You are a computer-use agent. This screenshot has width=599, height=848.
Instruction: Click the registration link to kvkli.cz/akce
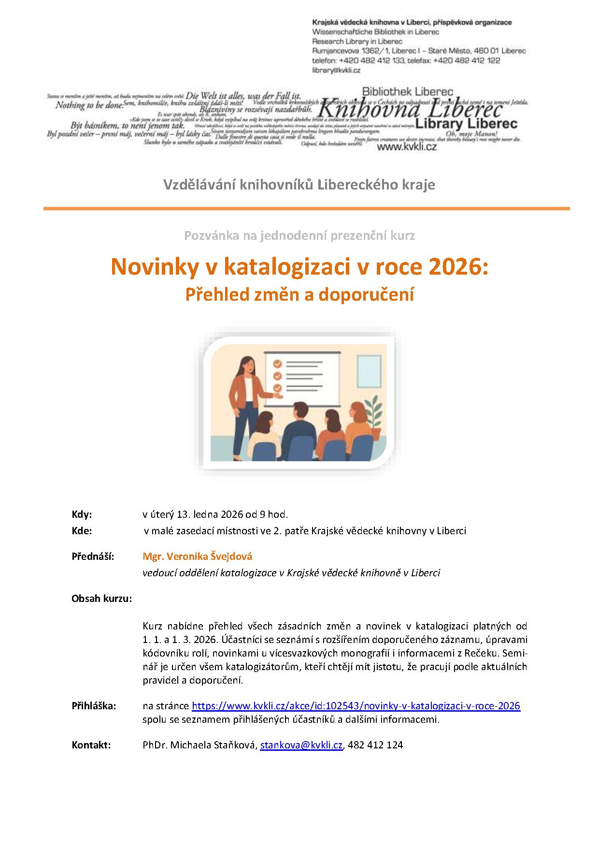point(356,706)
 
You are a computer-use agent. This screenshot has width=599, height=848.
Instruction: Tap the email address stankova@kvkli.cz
point(301,745)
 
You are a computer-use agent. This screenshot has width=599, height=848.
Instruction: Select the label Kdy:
point(82,514)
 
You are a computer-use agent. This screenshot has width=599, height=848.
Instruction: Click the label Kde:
point(82,530)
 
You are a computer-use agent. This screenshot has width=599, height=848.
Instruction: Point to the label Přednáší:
point(93,556)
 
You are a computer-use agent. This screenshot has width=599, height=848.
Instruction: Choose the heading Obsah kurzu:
point(101,599)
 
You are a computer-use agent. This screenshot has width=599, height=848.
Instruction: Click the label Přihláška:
point(94,706)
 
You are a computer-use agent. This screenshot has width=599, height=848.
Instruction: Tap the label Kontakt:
point(91,745)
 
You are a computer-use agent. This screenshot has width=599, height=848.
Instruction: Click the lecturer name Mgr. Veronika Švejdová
point(197,556)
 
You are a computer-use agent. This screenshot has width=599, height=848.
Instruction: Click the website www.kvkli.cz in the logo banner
point(406,146)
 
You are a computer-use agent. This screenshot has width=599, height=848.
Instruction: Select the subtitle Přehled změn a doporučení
point(299,294)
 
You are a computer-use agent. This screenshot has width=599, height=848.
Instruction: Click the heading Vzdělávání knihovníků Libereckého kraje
point(299,185)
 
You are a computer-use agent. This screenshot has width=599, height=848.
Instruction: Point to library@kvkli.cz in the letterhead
point(336,70)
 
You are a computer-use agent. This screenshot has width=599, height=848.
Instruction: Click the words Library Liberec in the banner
point(466,124)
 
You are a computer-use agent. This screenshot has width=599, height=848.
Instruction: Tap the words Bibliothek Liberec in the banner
point(407,91)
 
